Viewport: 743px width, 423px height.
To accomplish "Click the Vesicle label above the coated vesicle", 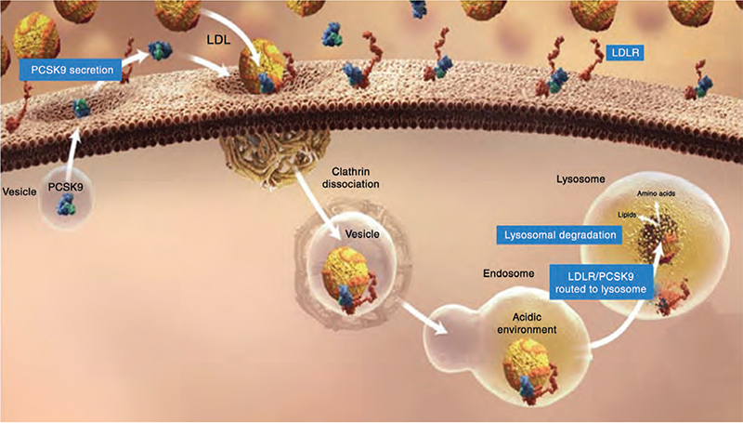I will [361, 234].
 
